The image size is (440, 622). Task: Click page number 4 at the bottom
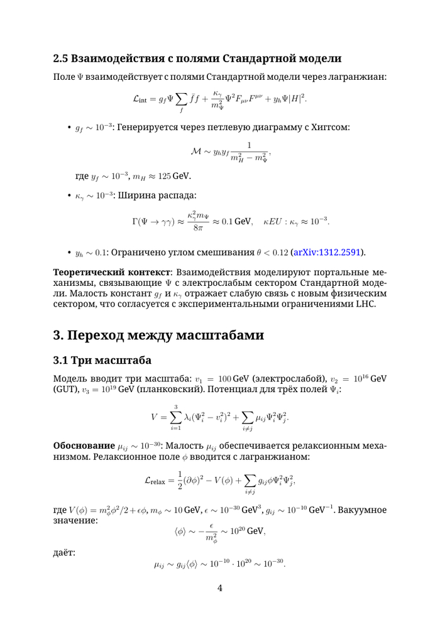coord(220,588)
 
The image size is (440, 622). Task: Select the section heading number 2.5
coord(61,59)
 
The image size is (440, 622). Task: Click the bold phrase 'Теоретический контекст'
coord(111,273)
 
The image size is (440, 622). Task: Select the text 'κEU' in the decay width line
coord(274,221)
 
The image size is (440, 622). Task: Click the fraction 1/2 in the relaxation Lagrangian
coord(180,481)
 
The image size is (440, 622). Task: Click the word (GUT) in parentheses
coord(65,389)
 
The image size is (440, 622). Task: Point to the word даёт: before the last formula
coord(64,552)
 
